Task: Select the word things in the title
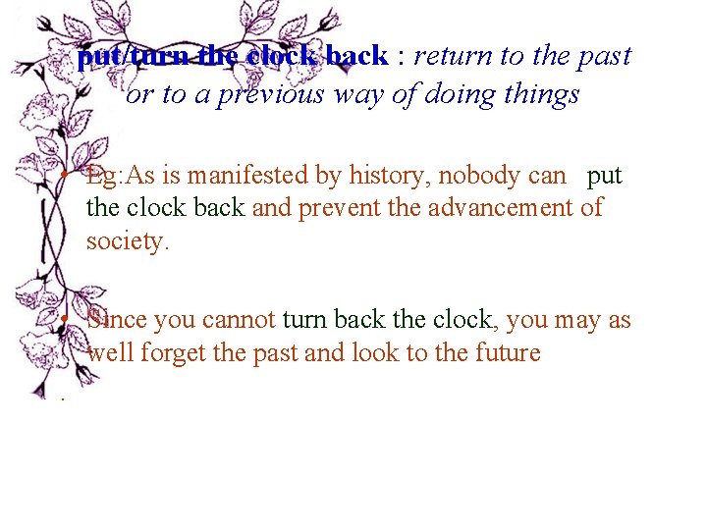coord(542,94)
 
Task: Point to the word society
coord(128,240)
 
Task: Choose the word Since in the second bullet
coord(113,320)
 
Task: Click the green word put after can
coord(604,176)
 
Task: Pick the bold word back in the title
coord(357,56)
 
